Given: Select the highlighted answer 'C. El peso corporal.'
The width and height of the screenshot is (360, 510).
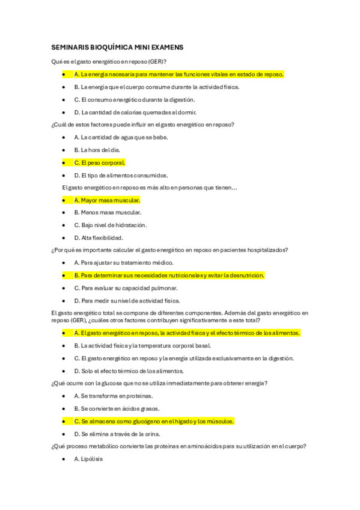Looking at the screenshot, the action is [100, 162].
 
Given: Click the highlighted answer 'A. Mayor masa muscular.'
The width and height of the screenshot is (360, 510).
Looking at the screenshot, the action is [107, 200].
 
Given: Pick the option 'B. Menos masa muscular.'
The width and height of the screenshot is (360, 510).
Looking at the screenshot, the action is [108, 212].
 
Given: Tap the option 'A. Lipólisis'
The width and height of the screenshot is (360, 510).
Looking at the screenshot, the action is [88, 459].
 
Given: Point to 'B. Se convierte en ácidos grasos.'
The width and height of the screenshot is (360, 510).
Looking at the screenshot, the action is [118, 408].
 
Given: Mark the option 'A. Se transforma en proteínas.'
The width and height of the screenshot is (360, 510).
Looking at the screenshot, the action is [113, 396].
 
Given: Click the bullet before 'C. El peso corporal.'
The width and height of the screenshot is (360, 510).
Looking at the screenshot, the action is [63, 162].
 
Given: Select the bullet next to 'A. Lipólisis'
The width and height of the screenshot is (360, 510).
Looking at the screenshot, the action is [63, 459].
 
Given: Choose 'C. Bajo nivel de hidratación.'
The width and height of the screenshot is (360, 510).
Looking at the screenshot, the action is [111, 225].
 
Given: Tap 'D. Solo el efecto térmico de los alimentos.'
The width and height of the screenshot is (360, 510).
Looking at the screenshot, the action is [129, 370].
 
